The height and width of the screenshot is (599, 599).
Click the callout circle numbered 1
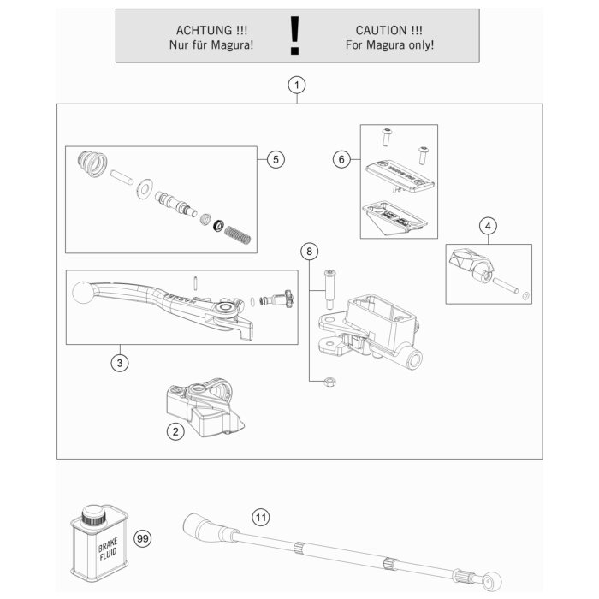pyautogui.click(x=296, y=85)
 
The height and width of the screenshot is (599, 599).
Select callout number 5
pyautogui.click(x=275, y=159)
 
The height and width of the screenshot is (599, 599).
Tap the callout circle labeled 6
pyautogui.click(x=341, y=159)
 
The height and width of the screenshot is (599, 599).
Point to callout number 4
pyautogui.click(x=488, y=226)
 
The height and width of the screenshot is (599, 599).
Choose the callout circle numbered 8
pyautogui.click(x=309, y=251)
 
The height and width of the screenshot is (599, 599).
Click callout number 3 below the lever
pyautogui.click(x=122, y=364)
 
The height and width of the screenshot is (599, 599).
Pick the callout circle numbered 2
pyautogui.click(x=175, y=432)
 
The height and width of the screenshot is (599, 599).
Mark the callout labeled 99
pyautogui.click(x=143, y=537)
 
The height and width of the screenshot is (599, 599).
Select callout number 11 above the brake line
pyautogui.click(x=260, y=518)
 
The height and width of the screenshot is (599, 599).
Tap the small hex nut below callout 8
pyautogui.click(x=329, y=382)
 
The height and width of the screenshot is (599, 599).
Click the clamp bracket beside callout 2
pyautogui.click(x=202, y=410)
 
